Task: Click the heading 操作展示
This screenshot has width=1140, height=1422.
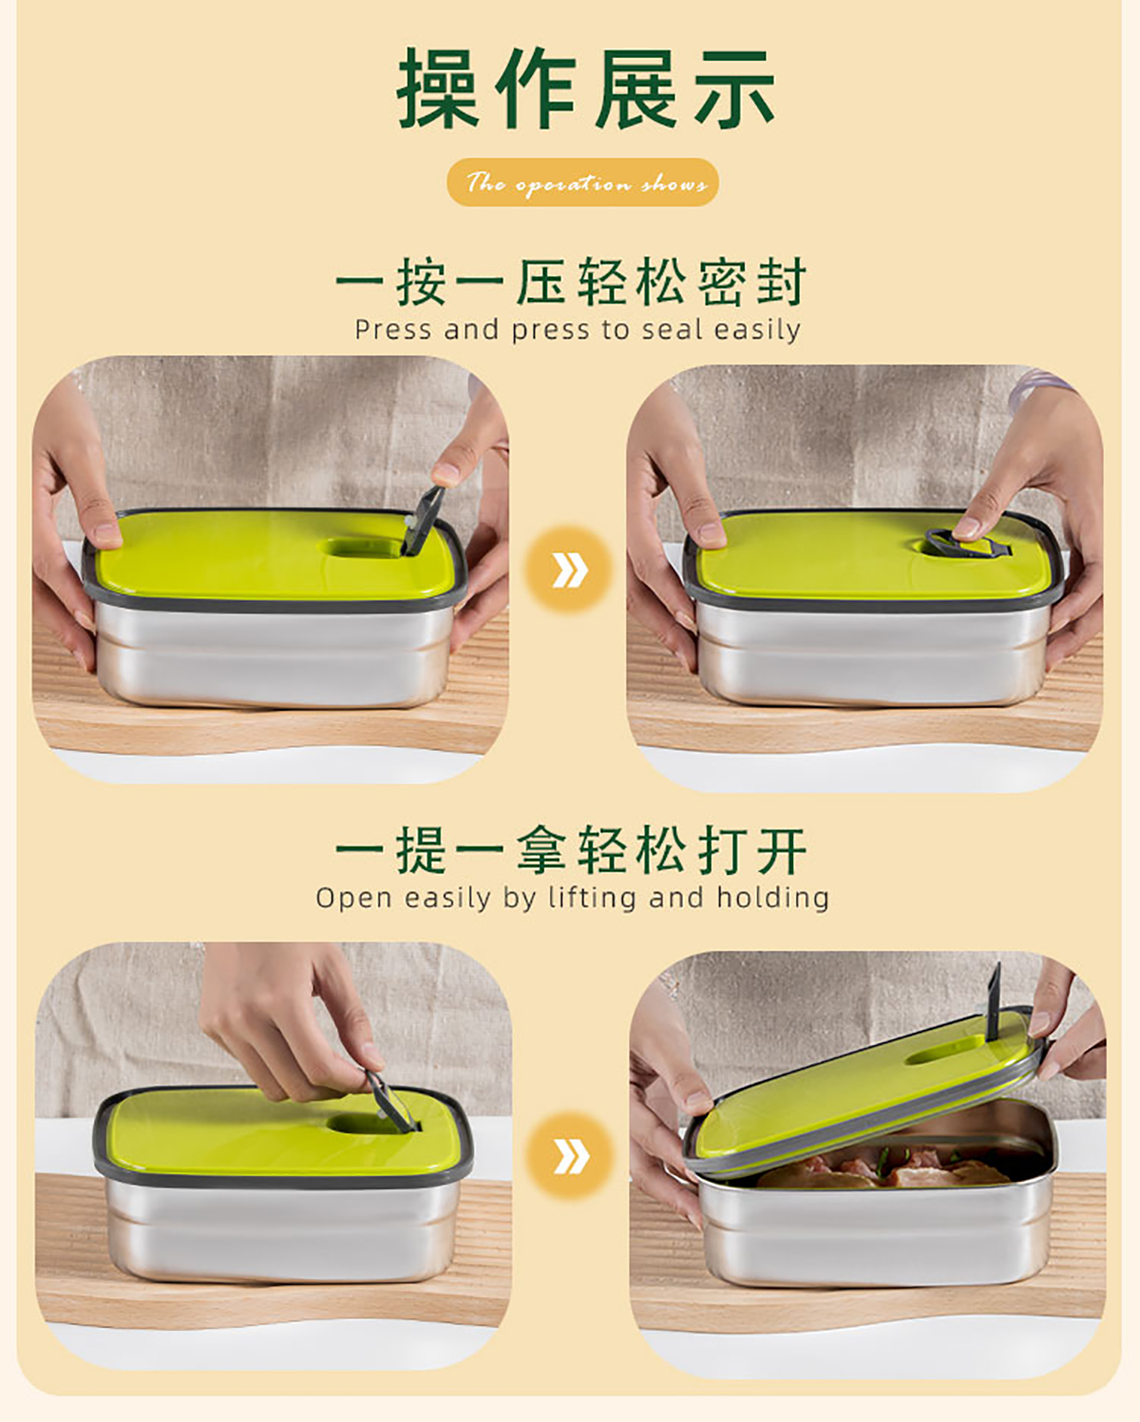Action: click(x=585, y=88)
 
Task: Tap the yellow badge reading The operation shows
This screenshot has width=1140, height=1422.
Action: click(x=582, y=181)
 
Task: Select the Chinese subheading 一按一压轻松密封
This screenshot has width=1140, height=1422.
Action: click(x=571, y=282)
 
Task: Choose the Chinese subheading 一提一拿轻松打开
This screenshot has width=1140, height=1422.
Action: click(x=571, y=851)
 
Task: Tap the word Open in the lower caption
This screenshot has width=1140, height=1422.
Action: click(x=353, y=899)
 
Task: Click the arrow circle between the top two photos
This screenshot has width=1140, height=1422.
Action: click(x=569, y=570)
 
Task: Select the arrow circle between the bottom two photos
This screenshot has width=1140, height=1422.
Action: click(x=569, y=1156)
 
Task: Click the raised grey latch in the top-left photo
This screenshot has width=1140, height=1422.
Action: click(x=423, y=521)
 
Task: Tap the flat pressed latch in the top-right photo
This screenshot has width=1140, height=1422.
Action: click(x=967, y=542)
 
